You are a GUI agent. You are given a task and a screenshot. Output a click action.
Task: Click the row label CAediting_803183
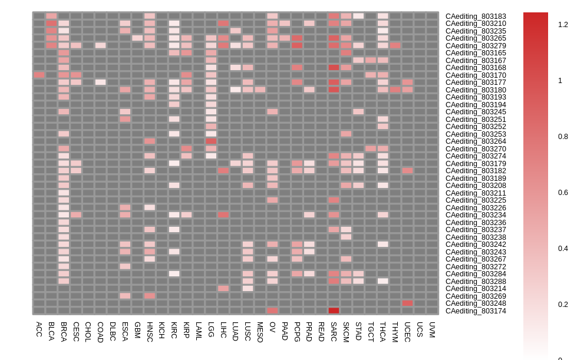coord(475,16)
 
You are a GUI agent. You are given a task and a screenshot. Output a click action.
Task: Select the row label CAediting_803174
coord(475,311)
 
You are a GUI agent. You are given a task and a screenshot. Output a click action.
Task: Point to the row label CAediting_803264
coord(475,141)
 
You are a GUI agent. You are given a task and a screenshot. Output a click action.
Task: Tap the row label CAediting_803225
coord(475,200)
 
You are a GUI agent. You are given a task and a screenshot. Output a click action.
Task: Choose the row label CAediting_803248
coord(475,303)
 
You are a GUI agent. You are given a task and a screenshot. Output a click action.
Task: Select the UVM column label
coord(432,329)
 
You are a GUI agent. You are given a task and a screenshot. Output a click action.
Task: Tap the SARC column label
coord(334,332)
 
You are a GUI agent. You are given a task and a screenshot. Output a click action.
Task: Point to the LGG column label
coord(211,329)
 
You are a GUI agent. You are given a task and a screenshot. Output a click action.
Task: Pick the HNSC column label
coord(150,332)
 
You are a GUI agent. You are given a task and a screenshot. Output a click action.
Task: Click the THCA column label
coord(383,332)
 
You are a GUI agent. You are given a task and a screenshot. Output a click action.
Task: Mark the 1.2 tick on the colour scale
coord(563,25)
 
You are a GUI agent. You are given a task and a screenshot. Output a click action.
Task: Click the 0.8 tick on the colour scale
coord(563,137)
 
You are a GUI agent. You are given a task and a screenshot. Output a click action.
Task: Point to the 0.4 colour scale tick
coord(563,249)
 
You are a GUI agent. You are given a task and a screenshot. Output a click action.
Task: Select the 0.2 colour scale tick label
coord(563,305)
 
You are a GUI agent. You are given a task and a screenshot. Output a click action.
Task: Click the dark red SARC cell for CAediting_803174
coord(334,311)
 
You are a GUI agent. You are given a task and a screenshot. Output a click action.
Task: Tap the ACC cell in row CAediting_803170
coord(39,75)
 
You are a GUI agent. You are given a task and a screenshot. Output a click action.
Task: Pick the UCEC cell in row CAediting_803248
coord(407,303)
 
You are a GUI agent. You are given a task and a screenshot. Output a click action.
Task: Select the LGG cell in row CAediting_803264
coord(211,141)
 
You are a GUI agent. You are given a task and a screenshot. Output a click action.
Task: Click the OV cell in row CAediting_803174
coord(272,311)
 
